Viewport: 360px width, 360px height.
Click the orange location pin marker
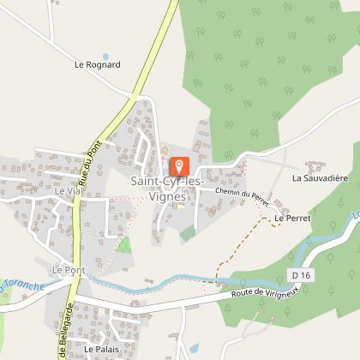(180, 165)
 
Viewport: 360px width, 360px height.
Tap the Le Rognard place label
(98, 64)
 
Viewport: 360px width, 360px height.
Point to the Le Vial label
(66, 191)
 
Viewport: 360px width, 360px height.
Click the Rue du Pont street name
(87, 164)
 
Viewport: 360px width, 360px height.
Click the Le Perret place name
(292, 219)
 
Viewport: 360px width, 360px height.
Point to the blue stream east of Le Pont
(154, 280)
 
